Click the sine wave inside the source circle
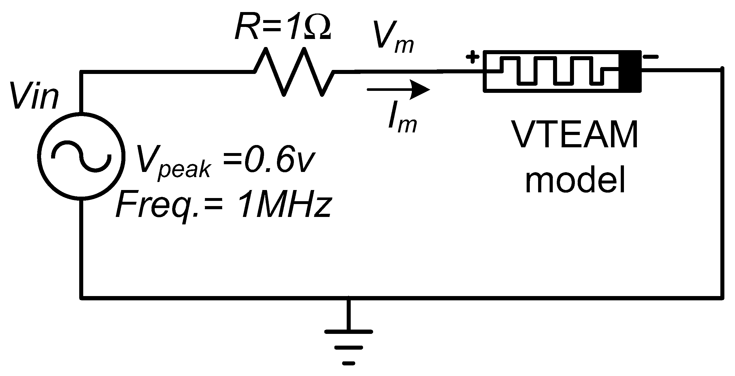pyautogui.click(x=81, y=156)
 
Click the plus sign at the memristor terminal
pyautogui.click(x=472, y=58)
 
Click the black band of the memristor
pyautogui.click(x=630, y=71)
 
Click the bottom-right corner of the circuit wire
pyautogui.click(x=722, y=298)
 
